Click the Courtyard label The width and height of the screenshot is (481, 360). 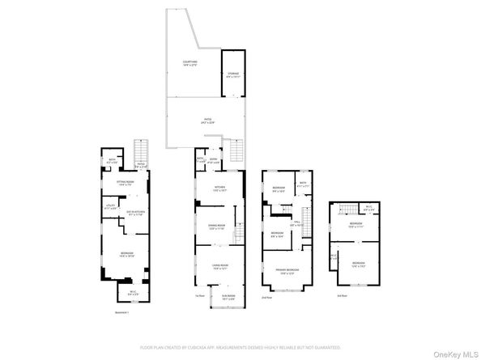(189, 62)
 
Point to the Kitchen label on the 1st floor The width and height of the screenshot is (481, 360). (219, 189)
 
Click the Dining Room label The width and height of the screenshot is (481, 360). (216, 227)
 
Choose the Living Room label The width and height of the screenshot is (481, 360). (219, 266)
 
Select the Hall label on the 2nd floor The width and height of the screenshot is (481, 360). (296, 222)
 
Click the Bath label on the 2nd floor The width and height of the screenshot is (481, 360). (302, 184)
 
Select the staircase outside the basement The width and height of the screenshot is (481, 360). (141, 151)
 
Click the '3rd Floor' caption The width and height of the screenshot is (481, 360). (343, 296)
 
